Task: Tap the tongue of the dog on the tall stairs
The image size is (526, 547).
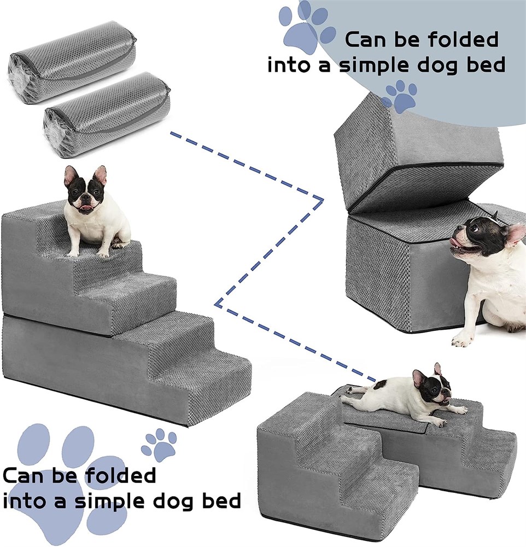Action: pyautogui.click(x=85, y=209)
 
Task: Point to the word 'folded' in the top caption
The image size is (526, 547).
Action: pyautogui.click(x=463, y=39)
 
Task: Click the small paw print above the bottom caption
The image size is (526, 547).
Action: pyautogui.click(x=159, y=445)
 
